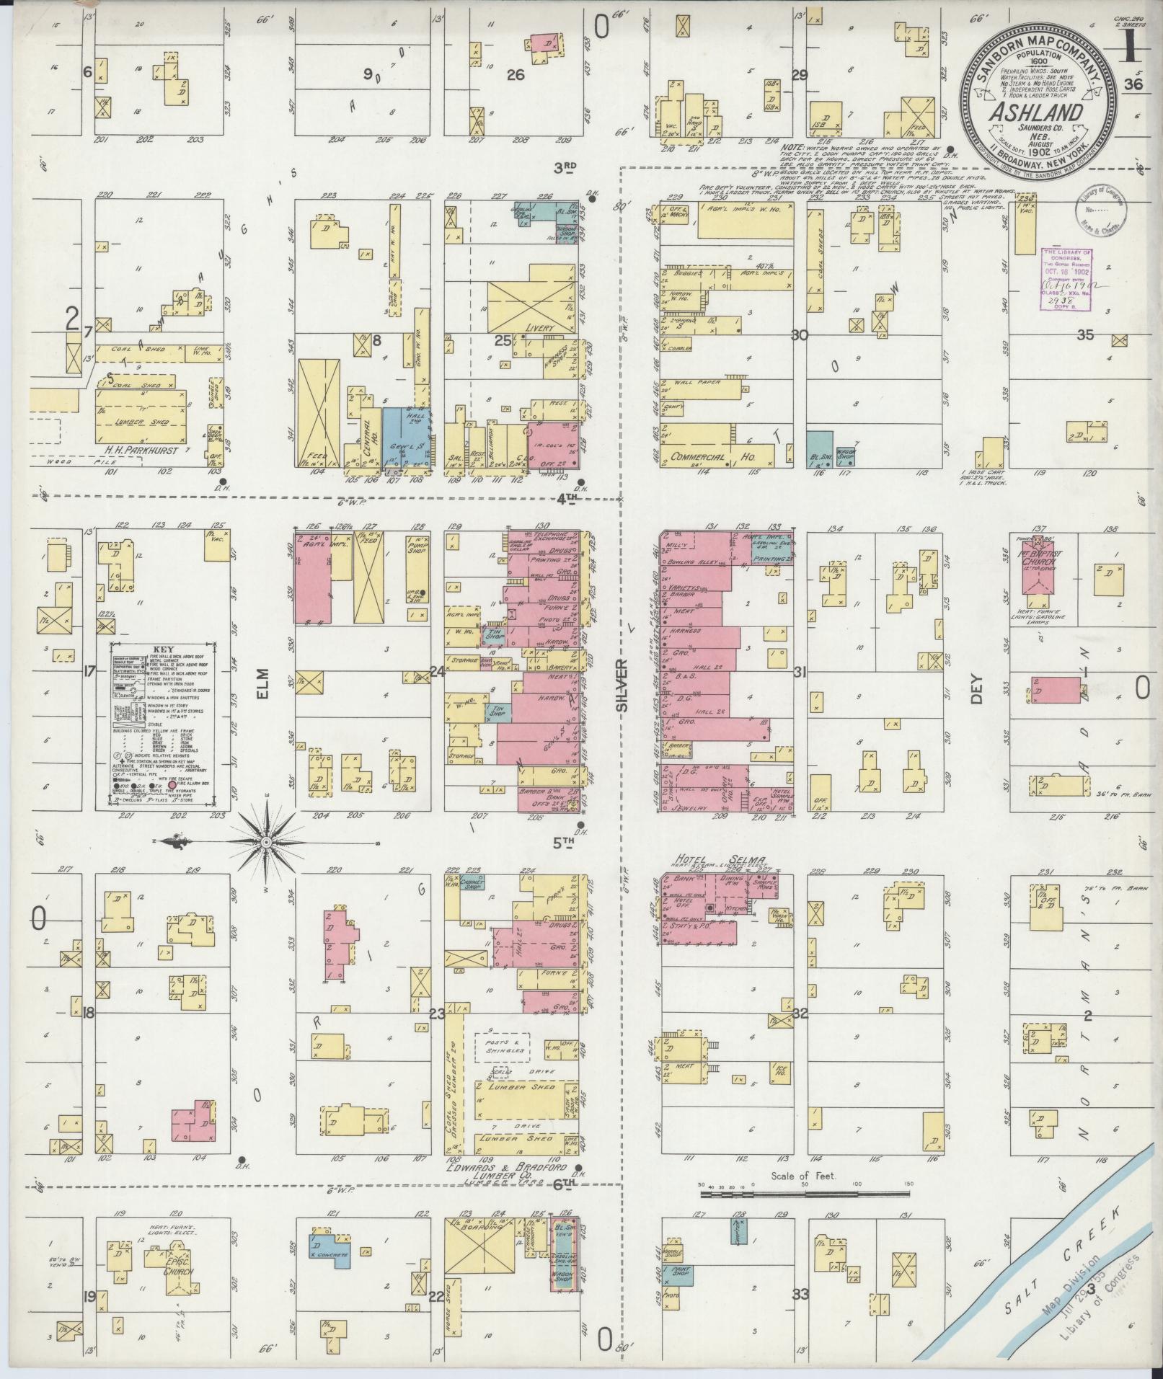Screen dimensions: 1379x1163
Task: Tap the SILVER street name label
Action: tap(622, 684)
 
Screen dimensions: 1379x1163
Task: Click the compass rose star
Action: tap(265, 842)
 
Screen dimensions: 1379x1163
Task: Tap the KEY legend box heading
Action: tap(165, 649)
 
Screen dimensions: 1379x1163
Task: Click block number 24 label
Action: tap(437, 672)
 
